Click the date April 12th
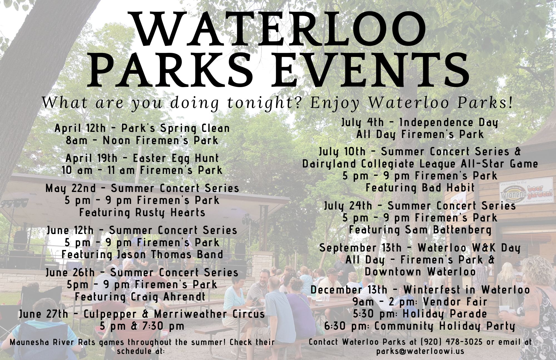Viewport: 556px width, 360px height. pyautogui.click(x=80, y=128)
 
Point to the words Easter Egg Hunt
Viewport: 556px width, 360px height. pyautogui.click(x=176, y=159)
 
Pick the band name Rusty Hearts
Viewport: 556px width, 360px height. pyautogui.click(x=170, y=213)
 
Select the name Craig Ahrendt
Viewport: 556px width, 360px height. pyautogui.click(x=168, y=297)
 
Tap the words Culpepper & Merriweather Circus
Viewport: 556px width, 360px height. pyautogui.click(x=174, y=314)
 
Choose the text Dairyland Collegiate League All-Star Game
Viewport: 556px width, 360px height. pyautogui.click(x=420, y=164)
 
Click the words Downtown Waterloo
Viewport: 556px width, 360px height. pyautogui.click(x=420, y=272)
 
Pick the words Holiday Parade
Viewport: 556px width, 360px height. pyautogui.click(x=445, y=314)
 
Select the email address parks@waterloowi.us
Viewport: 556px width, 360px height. pyautogui.click(x=420, y=351)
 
